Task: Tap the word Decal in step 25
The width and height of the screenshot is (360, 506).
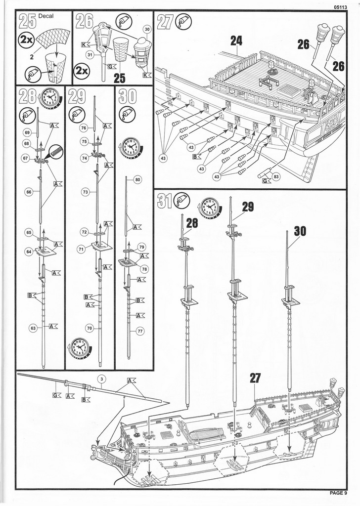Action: (x=48, y=16)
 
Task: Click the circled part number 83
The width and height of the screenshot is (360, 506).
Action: (x=275, y=176)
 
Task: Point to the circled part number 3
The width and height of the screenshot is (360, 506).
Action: (x=102, y=379)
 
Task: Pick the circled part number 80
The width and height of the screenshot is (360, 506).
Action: (x=137, y=179)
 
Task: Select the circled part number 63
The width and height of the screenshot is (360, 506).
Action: (x=33, y=328)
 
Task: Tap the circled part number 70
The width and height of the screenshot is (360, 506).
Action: (x=89, y=328)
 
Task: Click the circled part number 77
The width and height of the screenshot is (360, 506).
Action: (x=140, y=332)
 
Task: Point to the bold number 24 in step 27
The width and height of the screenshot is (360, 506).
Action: (x=236, y=42)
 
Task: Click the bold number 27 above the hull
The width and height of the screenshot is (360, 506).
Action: (x=255, y=378)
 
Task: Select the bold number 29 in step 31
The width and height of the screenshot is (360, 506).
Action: (x=247, y=207)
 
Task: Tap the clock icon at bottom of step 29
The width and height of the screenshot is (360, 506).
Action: (x=79, y=347)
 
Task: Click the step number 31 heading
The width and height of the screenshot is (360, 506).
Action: (x=164, y=201)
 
